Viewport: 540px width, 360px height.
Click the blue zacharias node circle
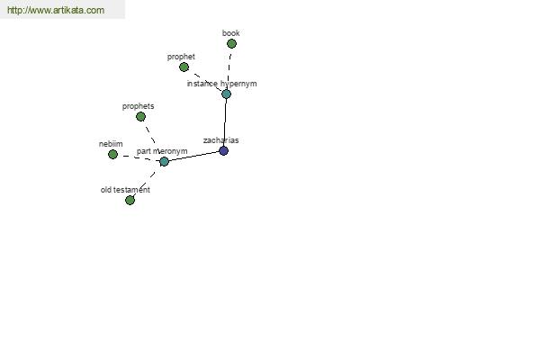(223, 150)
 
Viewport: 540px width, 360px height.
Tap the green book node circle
(231, 44)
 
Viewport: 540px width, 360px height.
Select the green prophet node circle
(184, 67)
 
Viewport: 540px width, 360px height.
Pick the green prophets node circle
(140, 117)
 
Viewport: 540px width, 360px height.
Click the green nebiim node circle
(112, 154)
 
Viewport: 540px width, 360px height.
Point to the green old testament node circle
(130, 200)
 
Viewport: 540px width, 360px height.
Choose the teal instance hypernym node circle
(226, 94)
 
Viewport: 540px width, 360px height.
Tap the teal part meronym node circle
(164, 161)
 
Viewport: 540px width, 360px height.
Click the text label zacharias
(220, 140)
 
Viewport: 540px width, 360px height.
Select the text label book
(230, 33)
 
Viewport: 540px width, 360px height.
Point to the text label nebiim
(111, 144)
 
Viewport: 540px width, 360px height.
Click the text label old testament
(125, 190)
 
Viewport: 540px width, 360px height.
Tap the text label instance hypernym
(221, 84)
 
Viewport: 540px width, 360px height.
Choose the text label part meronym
(162, 151)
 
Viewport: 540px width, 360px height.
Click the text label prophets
(138, 106)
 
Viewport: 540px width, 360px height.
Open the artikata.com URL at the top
(56, 10)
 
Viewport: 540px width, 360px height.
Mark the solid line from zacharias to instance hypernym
(225, 122)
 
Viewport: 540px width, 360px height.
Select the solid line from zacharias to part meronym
(193, 156)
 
